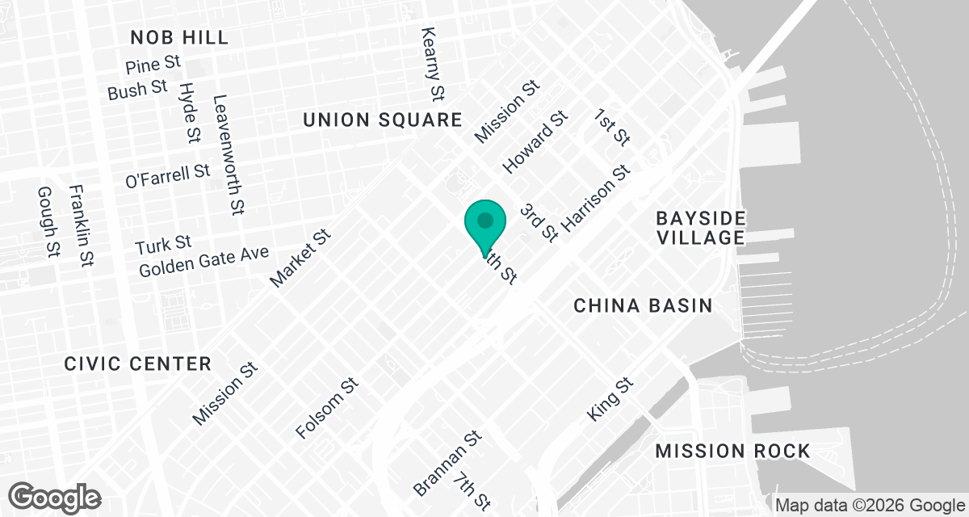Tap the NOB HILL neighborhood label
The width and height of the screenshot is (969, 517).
178,37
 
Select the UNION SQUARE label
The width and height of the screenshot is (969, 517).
382,120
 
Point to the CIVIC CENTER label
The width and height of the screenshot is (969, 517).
137,364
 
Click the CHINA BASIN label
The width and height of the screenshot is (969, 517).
643,305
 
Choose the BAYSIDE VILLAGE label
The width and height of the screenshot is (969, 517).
700,228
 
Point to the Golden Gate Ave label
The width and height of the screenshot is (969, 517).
203,262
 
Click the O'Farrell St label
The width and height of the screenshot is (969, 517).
168,176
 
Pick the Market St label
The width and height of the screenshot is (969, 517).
300,258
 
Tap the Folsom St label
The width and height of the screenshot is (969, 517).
327,408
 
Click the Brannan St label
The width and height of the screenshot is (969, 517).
447,463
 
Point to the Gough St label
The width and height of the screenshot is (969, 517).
48,221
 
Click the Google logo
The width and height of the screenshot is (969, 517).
55,496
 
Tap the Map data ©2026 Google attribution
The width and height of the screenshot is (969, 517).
869,506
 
